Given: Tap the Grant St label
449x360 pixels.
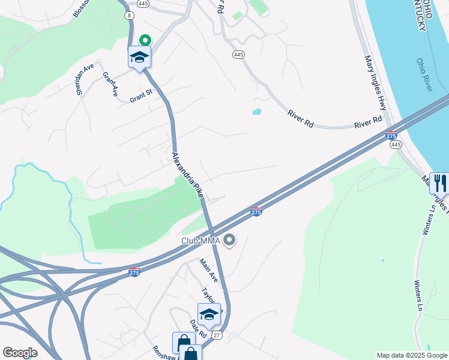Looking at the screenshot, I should point(142,95).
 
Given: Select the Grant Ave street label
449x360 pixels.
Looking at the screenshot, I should point(110,85).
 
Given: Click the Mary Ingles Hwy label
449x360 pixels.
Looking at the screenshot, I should point(375,83).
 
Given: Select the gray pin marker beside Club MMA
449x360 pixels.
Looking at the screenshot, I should point(229,241).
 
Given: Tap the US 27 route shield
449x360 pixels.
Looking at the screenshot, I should point(217,335).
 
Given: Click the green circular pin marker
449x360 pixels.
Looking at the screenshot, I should point(145,40).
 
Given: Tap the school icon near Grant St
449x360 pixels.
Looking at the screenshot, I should point(139,58).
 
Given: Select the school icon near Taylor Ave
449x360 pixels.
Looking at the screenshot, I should point(209,314).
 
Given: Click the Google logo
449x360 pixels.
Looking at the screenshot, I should point(20,353).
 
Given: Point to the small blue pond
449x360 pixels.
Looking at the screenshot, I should point(257,112).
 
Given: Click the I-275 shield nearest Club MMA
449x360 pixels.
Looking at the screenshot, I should point(256,211).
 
